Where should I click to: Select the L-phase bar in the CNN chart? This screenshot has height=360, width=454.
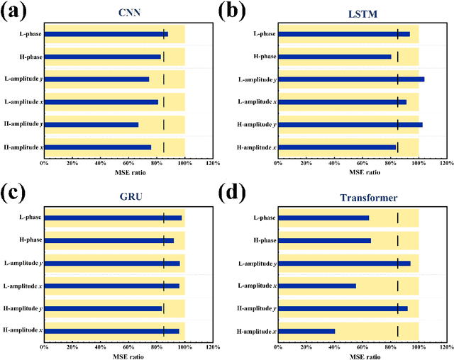click(x=106, y=34)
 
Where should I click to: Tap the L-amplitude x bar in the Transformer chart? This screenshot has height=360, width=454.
click(x=316, y=286)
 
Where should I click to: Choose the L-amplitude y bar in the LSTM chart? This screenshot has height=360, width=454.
click(x=351, y=79)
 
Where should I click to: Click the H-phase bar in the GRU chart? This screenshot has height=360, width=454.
click(x=109, y=240)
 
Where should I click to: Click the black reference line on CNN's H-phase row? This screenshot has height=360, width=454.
click(x=164, y=57)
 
